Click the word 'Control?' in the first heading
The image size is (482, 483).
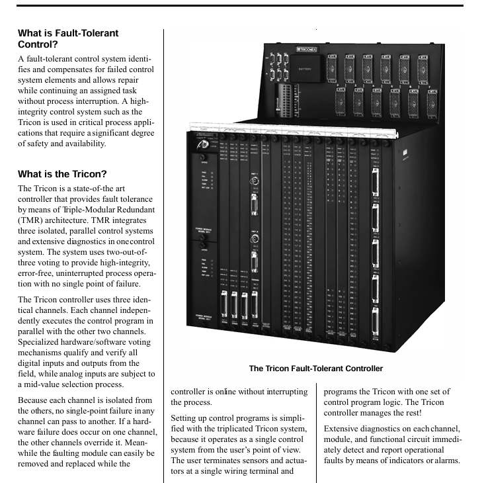pos(39,44)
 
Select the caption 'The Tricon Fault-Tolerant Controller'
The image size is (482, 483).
pos(316,369)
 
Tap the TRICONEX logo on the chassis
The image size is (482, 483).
pos(309,49)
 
